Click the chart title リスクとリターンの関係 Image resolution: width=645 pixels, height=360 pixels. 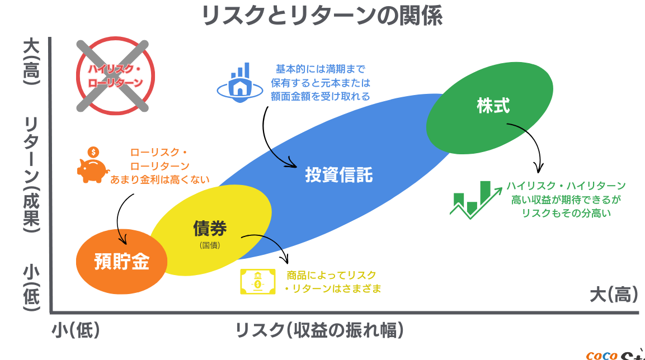point(322,16)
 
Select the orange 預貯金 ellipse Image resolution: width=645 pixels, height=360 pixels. point(122,262)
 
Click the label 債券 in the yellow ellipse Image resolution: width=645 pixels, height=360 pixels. point(210,229)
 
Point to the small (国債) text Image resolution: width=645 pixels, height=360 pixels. point(210,245)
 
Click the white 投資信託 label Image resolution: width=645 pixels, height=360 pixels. point(339,175)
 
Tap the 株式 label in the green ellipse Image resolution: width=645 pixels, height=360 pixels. point(493,106)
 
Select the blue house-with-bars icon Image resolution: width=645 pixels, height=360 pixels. point(240,83)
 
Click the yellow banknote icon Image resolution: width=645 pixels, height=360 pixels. point(258,282)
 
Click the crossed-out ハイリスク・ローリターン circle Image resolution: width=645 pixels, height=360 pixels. point(116,75)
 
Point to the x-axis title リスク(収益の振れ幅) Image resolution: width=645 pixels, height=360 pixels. point(319,330)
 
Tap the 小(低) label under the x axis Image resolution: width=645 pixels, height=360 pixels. point(76,330)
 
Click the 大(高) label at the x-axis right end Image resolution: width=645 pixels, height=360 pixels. point(614,295)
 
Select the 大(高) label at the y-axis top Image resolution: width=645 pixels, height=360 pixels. point(31,61)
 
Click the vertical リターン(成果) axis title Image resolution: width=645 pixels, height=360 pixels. point(31,174)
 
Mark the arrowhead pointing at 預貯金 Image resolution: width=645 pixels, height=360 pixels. point(122,240)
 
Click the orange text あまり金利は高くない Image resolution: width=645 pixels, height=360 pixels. point(159,179)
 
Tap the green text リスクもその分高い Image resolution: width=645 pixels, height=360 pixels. point(566,213)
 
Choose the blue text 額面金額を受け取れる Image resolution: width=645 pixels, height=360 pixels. point(321,96)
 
